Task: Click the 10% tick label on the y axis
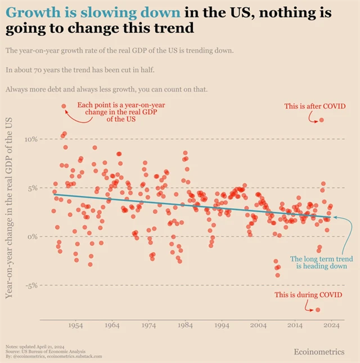pyautogui.click(x=30, y=139)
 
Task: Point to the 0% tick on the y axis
pyautogui.click(x=33, y=236)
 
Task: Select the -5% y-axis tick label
pyautogui.click(x=30, y=285)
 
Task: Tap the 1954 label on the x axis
pyautogui.click(x=75, y=325)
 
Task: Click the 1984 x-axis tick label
pyautogui.click(x=185, y=325)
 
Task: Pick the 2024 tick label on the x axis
pyautogui.click(x=331, y=325)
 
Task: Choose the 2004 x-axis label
pyautogui.click(x=258, y=325)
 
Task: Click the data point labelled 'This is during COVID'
pyautogui.click(x=318, y=310)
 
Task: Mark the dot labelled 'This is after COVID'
pyautogui.click(x=321, y=120)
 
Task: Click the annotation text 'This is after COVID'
pyautogui.click(x=314, y=106)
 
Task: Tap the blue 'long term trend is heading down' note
pyautogui.click(x=318, y=262)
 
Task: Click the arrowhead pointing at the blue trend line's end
pyautogui.click(x=335, y=216)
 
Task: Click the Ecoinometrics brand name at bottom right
pyautogui.click(x=319, y=352)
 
